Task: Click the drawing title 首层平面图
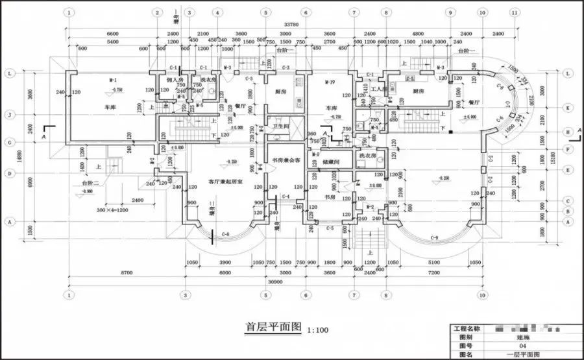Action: pos(273,327)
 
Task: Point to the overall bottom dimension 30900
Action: pos(275,283)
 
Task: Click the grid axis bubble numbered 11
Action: pos(515,12)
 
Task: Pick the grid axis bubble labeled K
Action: pos(568,108)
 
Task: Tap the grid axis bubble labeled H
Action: pos(568,131)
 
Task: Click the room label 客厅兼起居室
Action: pos(225,182)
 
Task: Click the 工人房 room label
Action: pos(379,88)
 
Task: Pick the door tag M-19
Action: pos(329,81)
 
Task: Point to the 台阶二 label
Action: pos(91,184)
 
